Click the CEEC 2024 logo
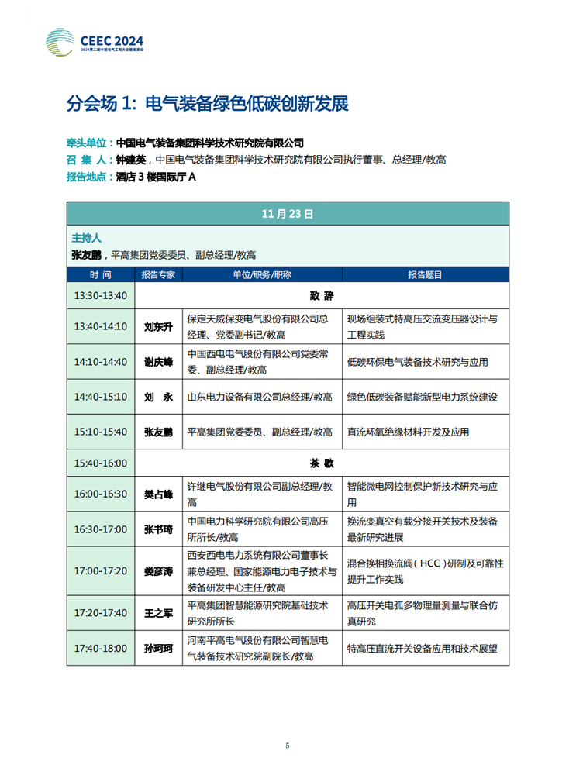94,41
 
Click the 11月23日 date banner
288,213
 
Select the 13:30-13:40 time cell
101,295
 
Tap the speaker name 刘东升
158,326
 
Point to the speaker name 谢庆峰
158,362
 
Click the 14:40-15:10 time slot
101,397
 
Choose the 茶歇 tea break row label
321,463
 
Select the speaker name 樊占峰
158,494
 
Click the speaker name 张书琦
158,529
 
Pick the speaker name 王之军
158,612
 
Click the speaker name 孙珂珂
158,648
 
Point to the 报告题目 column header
425,275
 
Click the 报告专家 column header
158,275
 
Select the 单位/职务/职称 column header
261,275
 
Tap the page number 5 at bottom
288,746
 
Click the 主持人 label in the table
87,237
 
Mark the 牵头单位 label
89,143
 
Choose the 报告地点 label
89,177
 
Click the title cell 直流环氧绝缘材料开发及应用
408,432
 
